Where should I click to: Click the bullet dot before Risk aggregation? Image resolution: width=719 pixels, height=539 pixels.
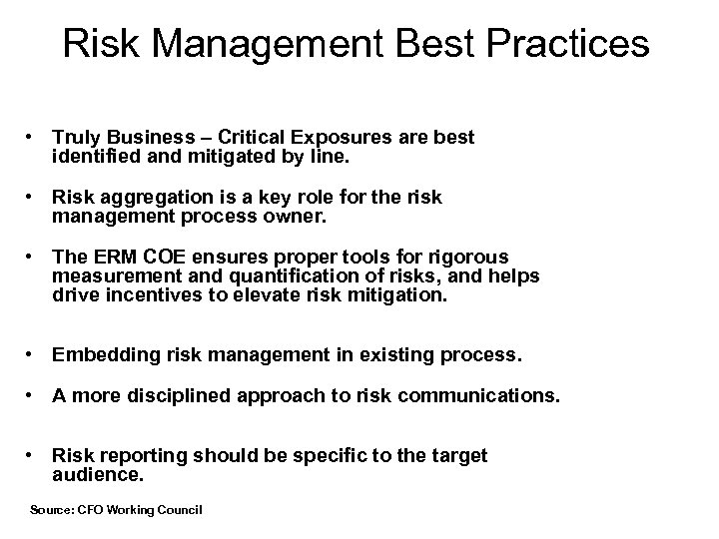(33, 198)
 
